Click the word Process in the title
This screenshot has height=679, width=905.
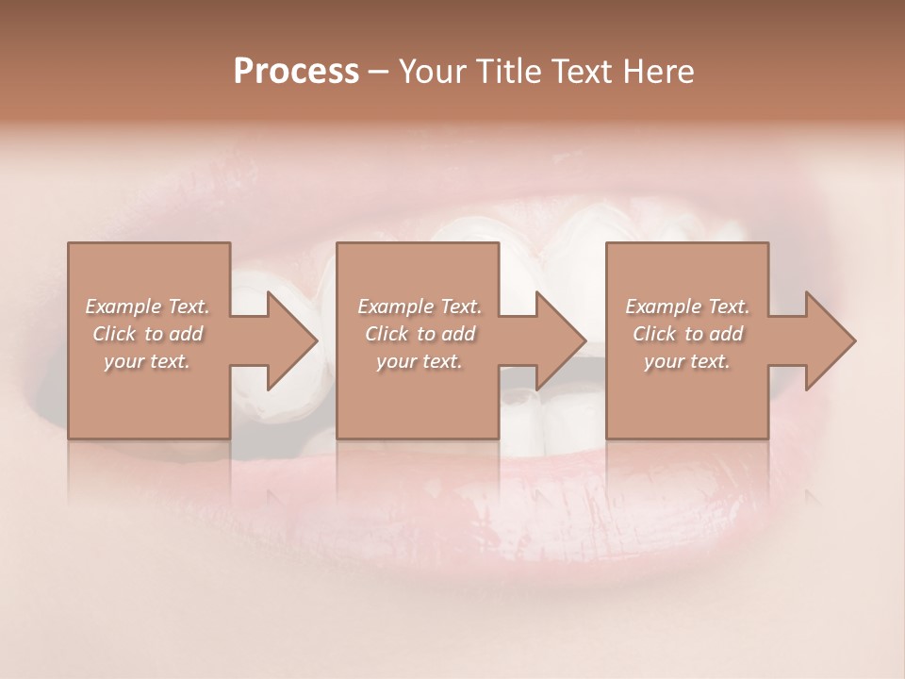pos(296,72)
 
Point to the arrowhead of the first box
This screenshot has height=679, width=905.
pos(288,340)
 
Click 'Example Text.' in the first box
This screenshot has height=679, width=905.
pos(147,306)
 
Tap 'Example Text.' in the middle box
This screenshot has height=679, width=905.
pos(419,306)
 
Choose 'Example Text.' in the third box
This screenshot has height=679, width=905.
pos(687,306)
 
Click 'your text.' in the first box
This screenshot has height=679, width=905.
pos(147,361)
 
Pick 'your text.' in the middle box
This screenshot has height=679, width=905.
pos(419,361)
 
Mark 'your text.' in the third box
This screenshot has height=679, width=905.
pos(687,361)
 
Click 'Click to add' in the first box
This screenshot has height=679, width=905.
pos(147,334)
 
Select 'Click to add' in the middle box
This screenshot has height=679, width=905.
pos(419,334)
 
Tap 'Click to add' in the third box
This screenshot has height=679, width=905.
pos(687,334)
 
